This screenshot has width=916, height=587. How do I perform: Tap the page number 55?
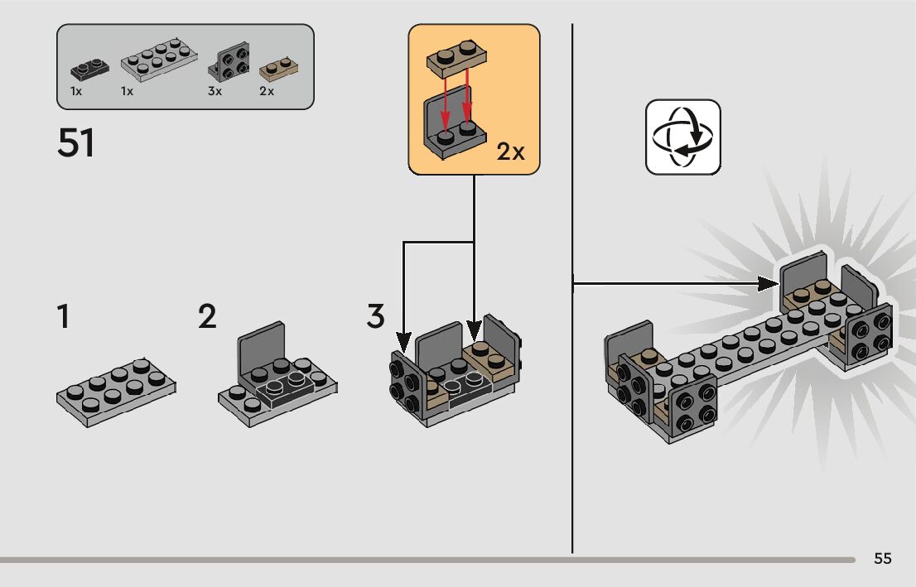[x=883, y=559]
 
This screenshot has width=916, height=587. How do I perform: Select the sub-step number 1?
[x=63, y=317]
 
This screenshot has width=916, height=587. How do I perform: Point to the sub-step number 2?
[x=207, y=317]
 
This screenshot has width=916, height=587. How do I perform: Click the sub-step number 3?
[x=376, y=316]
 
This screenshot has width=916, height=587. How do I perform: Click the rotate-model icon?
[x=683, y=137]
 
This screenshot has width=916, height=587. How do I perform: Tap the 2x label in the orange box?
[x=511, y=152]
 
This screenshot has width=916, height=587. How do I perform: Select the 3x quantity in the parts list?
[x=215, y=91]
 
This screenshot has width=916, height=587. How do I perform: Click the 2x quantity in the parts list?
[x=267, y=91]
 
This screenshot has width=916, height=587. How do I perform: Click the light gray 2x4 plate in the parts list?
[x=161, y=62]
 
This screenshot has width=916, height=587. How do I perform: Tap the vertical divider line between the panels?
[x=572, y=414]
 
